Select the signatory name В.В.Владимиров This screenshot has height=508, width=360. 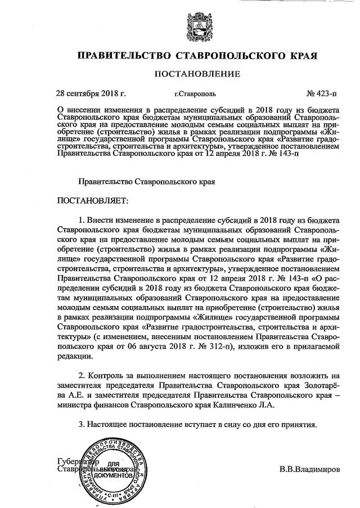click(309, 469)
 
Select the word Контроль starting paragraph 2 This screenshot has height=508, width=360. click(107, 375)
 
